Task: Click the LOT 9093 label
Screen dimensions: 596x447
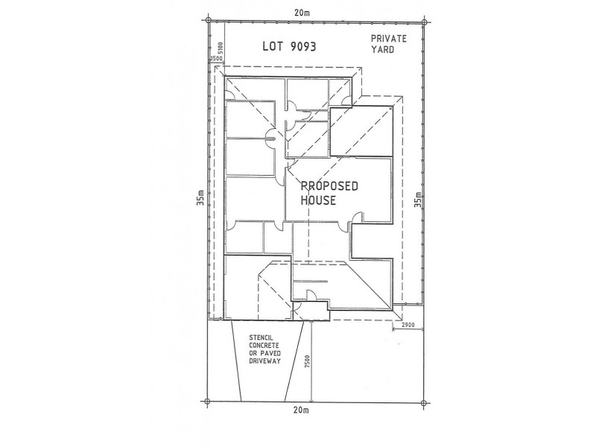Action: coord(289,46)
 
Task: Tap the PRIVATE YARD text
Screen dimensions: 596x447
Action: coord(388,44)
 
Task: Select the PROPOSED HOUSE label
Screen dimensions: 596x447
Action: coord(329,193)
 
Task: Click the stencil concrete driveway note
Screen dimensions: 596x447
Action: coord(264,349)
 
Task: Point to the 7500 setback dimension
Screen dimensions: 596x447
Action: coord(307,361)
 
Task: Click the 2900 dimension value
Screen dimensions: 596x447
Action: coord(408,326)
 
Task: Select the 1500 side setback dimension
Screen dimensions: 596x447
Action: coord(216,58)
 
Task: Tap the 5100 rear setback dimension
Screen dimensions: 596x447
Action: coord(221,48)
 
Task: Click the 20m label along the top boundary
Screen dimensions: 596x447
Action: coord(302,13)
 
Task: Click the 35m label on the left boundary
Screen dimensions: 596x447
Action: coord(200,197)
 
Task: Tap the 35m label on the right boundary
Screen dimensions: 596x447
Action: coord(418,200)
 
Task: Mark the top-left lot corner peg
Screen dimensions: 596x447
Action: coord(209,21)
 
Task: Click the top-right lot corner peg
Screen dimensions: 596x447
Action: coord(424,22)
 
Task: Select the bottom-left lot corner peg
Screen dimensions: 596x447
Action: coord(207,401)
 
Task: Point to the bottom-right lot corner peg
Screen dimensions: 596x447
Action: coord(424,402)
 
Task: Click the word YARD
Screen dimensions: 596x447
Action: coord(382,49)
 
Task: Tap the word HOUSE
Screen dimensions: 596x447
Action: coord(318,200)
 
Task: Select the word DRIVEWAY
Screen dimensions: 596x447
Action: coord(264,361)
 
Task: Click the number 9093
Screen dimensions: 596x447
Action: coord(303,46)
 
